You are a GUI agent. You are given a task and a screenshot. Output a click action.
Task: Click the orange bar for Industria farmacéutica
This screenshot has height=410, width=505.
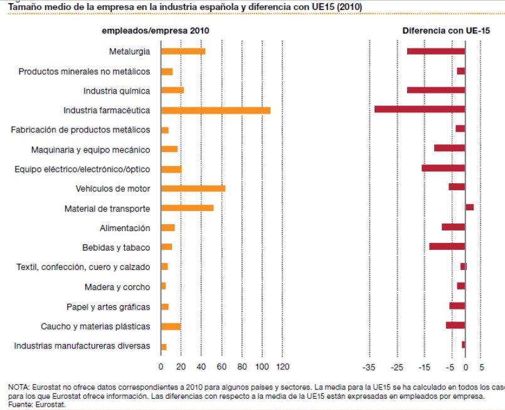point(215,111)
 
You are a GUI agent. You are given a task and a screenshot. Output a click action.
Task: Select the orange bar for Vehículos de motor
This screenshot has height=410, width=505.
point(193,188)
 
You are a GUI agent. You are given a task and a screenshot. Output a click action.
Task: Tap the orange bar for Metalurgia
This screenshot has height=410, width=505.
point(183,51)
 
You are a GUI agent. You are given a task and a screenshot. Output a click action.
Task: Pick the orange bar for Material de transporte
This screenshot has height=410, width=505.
point(187,208)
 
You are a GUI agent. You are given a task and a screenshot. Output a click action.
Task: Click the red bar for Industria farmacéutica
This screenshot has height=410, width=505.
point(419,109)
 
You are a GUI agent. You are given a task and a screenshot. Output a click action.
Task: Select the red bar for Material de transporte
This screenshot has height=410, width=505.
point(469,207)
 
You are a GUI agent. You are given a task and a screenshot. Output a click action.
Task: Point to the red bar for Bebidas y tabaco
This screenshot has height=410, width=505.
point(447,246)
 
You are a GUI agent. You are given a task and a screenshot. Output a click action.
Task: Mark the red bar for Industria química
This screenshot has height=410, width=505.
point(435,90)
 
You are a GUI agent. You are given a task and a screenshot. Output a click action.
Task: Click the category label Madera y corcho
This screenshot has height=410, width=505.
point(117,287)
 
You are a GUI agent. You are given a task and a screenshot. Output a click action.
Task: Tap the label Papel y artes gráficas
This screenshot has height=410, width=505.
point(108,306)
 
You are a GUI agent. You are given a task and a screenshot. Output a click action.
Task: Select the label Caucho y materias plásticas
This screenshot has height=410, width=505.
point(95,326)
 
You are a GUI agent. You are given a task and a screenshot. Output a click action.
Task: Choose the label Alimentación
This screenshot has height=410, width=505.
point(125,228)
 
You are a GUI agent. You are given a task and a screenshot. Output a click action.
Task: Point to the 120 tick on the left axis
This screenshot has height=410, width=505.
point(282,367)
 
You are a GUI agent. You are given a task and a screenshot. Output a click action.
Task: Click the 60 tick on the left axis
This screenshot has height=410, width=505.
point(221,367)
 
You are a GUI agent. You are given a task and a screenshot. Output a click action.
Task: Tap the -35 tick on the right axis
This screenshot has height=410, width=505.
point(369,367)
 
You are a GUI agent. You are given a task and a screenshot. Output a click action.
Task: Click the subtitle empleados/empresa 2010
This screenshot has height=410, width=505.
point(156,30)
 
